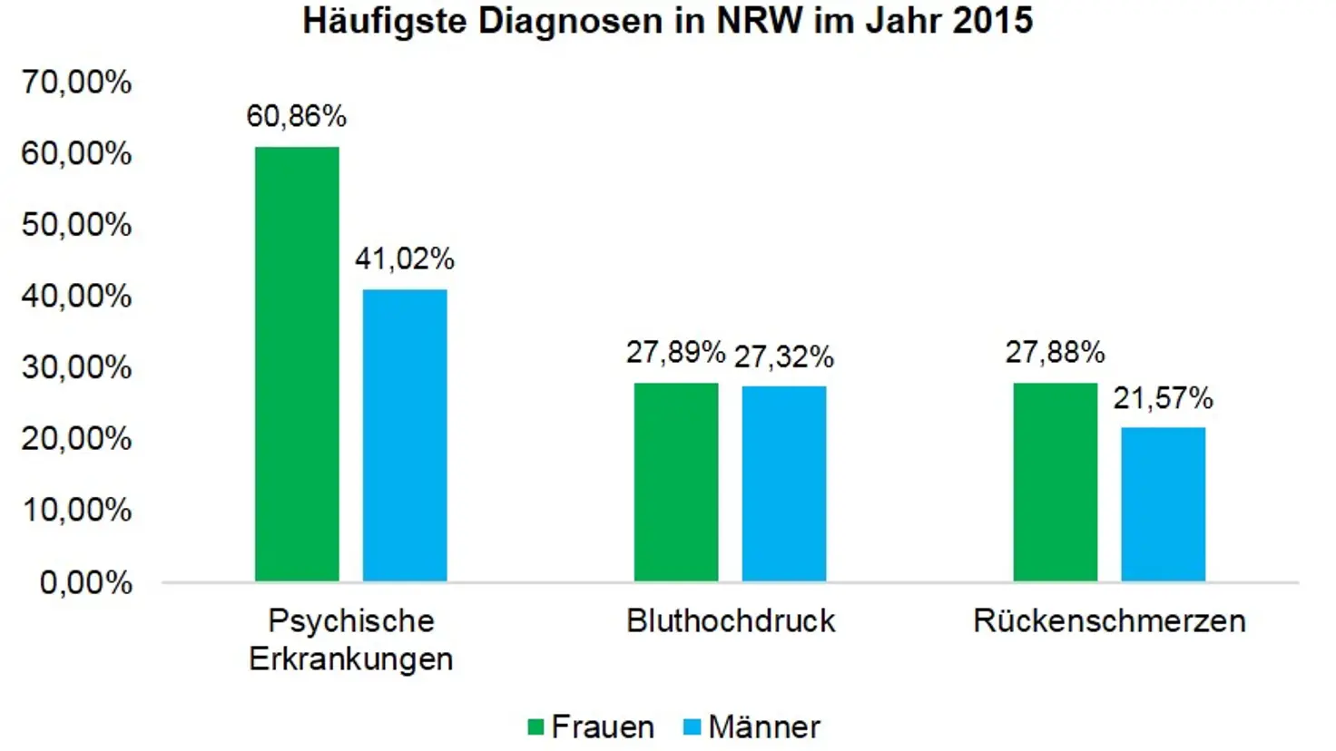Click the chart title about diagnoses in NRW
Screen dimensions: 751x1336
point(667,21)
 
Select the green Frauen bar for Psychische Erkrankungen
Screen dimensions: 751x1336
point(297,363)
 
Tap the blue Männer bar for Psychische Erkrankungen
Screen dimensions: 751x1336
point(405,435)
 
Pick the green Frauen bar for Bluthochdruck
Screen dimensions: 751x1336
point(676,482)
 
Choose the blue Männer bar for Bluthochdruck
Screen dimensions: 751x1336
point(784,483)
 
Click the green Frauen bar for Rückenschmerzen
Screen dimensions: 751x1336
point(1056,482)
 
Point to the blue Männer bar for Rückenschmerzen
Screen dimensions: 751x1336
point(1164,504)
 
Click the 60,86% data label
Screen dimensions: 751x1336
point(297,116)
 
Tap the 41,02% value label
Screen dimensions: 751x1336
point(405,259)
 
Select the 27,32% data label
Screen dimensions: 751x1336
point(784,356)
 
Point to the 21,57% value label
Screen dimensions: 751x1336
point(1164,398)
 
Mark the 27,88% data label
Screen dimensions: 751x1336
point(1056,352)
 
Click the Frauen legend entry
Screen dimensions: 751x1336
point(592,727)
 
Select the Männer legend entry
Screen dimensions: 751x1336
point(752,727)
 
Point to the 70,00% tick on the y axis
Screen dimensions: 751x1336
point(77,83)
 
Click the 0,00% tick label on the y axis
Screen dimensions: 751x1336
point(86,582)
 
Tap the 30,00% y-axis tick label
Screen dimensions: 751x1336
point(77,367)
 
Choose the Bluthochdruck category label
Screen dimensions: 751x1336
point(731,621)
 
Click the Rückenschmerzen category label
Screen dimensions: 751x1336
point(1109,621)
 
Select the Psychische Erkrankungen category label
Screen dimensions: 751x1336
point(351,639)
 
